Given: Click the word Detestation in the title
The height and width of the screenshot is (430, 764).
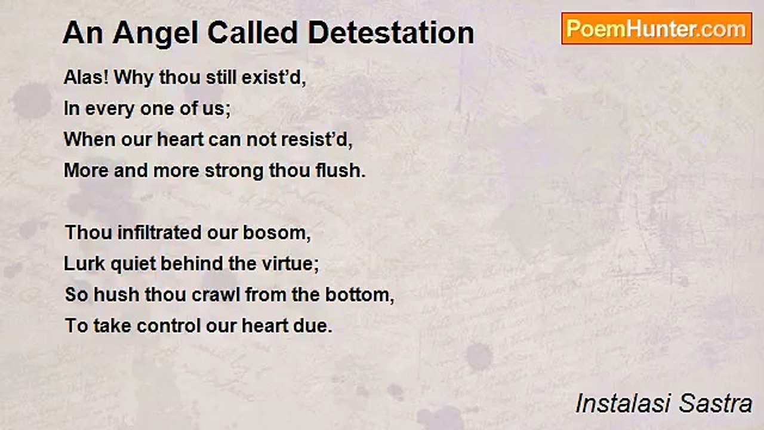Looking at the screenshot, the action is pos(391,33).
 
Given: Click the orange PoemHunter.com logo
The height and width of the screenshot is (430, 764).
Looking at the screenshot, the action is pos(657,29).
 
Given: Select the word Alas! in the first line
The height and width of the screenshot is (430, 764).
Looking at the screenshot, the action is pos(87,77).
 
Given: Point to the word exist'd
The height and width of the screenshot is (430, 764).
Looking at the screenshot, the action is pos(274,78).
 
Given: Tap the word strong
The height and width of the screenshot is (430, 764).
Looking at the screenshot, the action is pos(234,171).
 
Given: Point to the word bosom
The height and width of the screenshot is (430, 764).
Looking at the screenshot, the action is pos(276,233).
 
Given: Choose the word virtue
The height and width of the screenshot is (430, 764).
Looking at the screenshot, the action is pos(290,264).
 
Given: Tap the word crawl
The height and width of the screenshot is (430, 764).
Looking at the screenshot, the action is pos(216,294).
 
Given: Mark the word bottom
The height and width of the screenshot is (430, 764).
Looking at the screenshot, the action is pos(359,295).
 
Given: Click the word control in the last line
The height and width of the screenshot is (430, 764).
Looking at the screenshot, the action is pos(169,325).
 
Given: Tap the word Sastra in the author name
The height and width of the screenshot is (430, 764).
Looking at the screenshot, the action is pos(715,404).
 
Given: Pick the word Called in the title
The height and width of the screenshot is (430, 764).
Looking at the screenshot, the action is pos(252,33).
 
